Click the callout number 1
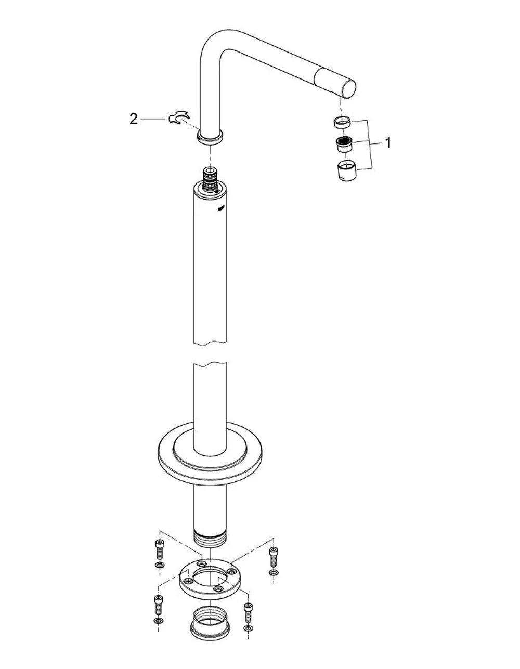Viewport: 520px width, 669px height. (x=388, y=143)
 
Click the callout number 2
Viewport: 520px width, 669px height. (x=133, y=119)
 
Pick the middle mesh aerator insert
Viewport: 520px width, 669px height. (x=345, y=145)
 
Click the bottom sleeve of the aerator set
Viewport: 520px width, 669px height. (x=347, y=171)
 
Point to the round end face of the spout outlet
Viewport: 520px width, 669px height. (x=348, y=89)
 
